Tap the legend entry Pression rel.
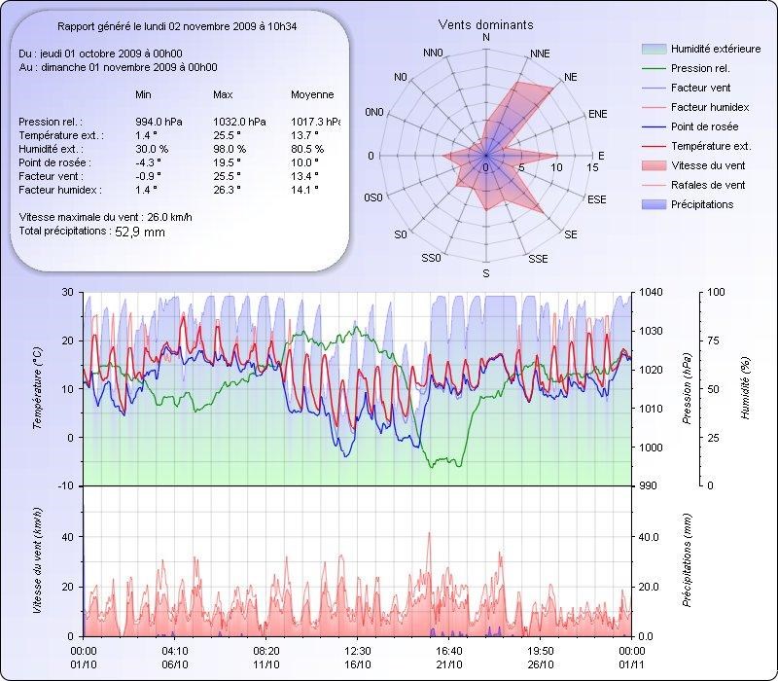tap(700, 68)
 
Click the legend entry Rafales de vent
tap(708, 185)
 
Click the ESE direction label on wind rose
tap(598, 198)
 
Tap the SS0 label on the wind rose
tap(432, 259)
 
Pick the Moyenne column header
tap(312, 94)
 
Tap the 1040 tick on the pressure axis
tap(652, 293)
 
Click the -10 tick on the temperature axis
tap(66, 485)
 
